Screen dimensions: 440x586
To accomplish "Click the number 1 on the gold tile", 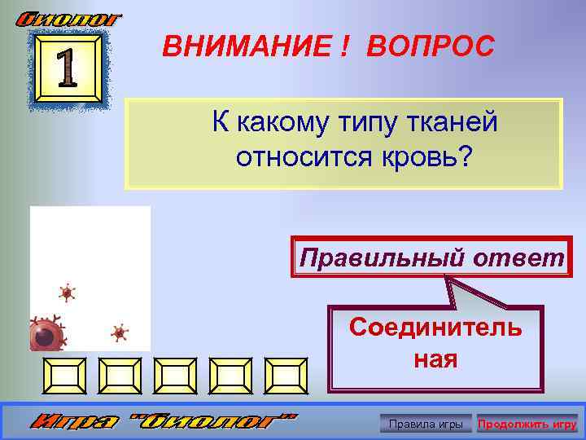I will [68, 69].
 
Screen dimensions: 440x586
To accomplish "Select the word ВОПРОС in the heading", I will [430, 46].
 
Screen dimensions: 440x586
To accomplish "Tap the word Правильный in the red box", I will [374, 258].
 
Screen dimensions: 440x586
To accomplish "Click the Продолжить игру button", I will [527, 425].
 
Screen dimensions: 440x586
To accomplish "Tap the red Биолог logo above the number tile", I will [69, 17].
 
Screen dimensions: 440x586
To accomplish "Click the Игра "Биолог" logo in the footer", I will [164, 423].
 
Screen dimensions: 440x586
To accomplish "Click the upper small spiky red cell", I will [67, 293].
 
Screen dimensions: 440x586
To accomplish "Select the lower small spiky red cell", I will [120, 332].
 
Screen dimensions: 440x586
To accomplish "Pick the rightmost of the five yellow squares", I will [288, 375].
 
